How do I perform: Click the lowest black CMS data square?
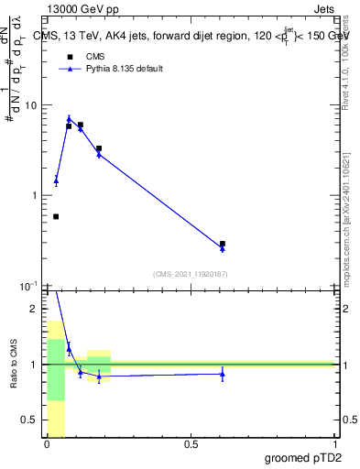pyautogui.click(x=56, y=216)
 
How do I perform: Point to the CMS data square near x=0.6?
pyautogui.click(x=223, y=244)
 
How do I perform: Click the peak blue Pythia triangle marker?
pyautogui.click(x=69, y=119)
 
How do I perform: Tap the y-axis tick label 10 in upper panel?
pyautogui.click(x=30, y=105)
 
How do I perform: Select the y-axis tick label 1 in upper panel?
pyautogui.click(x=33, y=196)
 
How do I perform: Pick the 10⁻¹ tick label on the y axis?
pyautogui.click(x=27, y=287)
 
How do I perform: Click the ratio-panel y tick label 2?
pyautogui.click(x=33, y=309)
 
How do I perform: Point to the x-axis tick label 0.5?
pyautogui.click(x=191, y=444)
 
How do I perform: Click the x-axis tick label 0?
pyautogui.click(x=47, y=444)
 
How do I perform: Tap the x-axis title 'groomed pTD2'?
pyautogui.click(x=304, y=459)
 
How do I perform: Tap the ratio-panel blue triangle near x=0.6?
pyautogui.click(x=223, y=373)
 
